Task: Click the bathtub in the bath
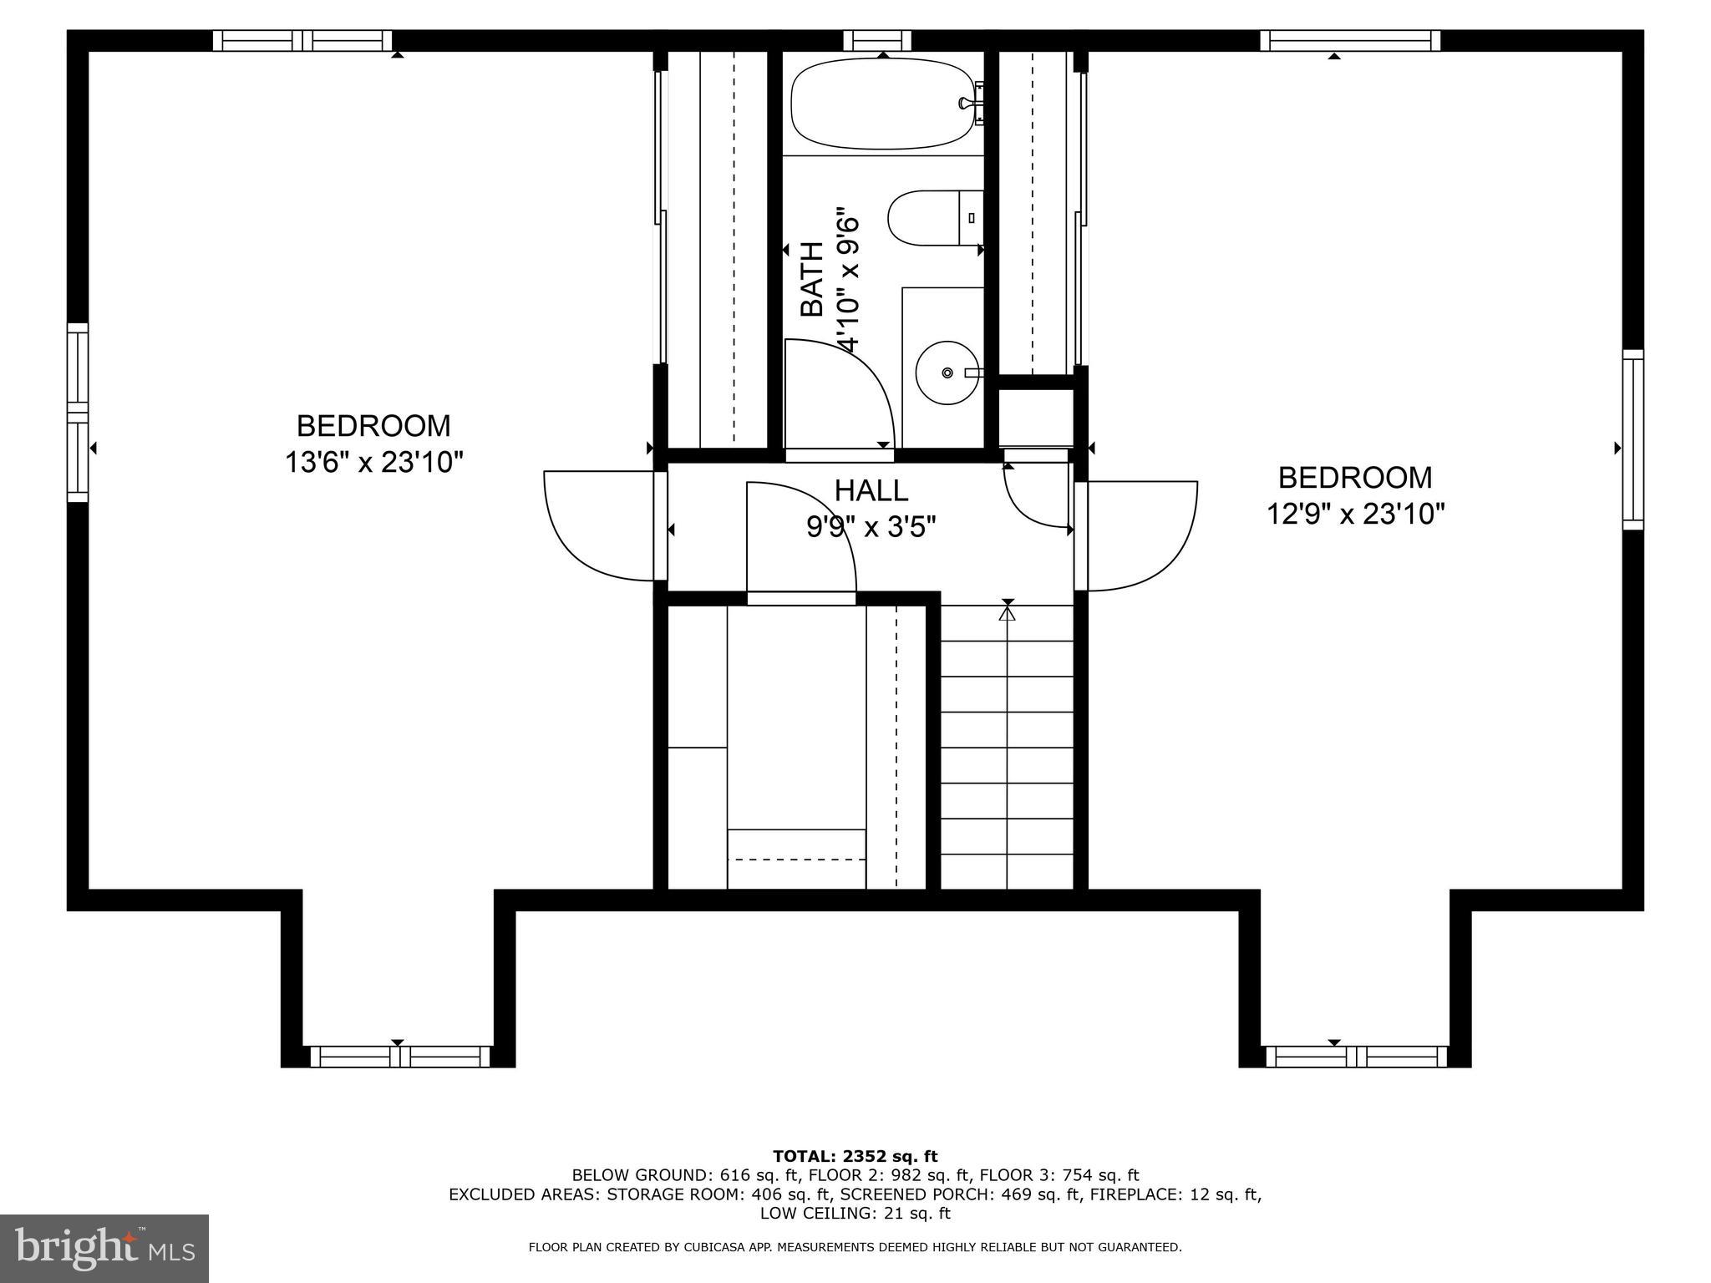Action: [882, 104]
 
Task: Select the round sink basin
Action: [947, 373]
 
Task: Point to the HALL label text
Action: [871, 489]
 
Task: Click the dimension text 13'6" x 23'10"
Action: [373, 462]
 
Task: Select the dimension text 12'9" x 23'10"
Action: [1355, 513]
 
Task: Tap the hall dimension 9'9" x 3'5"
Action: [871, 527]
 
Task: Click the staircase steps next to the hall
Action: [1007, 752]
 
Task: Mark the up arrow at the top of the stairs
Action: [1008, 612]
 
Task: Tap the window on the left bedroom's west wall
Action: [78, 413]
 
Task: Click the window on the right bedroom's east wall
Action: [1632, 439]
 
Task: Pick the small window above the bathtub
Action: [876, 40]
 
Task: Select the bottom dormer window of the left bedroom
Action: [399, 1057]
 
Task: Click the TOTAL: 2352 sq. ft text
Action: [855, 1156]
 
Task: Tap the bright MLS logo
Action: [104, 1249]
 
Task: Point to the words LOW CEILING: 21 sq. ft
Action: [855, 1213]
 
